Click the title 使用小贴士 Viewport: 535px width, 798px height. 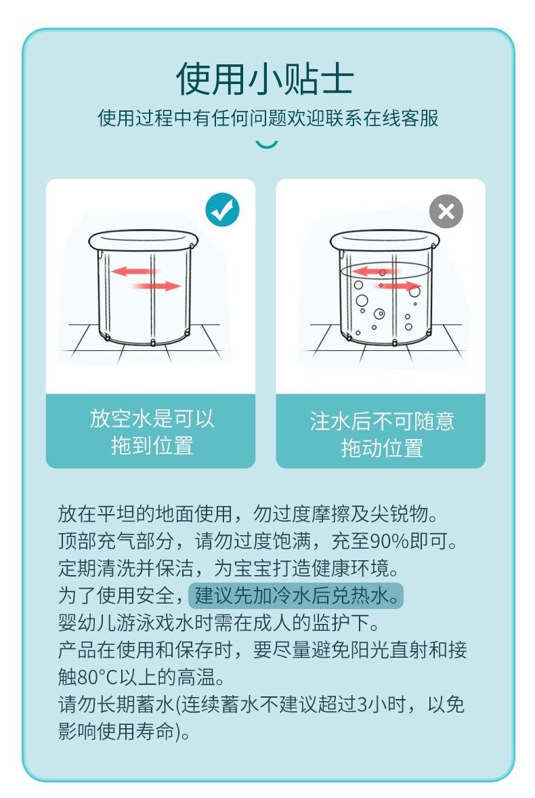(x=265, y=79)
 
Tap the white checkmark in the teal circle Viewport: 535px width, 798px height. (x=223, y=210)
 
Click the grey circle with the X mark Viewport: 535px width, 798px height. (x=446, y=211)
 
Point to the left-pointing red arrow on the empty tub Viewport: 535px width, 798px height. (x=134, y=271)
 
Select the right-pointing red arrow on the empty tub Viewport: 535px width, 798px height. (x=156, y=286)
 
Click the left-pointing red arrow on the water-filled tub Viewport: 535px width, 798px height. (x=375, y=270)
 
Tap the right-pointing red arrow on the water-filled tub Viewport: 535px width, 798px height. (x=398, y=285)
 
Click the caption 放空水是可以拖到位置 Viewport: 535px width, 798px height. (x=152, y=432)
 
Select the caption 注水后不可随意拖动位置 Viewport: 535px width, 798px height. (x=381, y=434)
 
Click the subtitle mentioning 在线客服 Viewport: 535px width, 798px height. (x=268, y=118)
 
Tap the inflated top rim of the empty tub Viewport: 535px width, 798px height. (x=143, y=239)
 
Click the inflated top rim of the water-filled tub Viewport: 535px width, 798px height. (x=385, y=239)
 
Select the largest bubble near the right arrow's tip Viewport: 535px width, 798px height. (x=415, y=291)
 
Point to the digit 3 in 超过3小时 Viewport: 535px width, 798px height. (x=363, y=705)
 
